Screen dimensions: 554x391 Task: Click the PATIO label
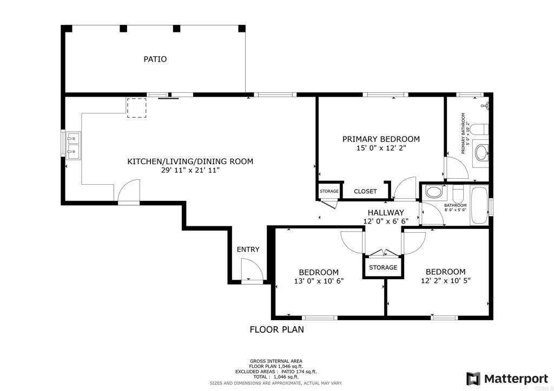[155, 59]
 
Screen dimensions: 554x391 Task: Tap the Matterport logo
[507, 379]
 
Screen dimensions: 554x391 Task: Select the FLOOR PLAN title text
[276, 329]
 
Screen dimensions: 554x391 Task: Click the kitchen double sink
[73, 145]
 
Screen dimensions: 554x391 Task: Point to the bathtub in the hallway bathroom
[479, 206]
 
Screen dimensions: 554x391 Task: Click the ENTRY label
[248, 250]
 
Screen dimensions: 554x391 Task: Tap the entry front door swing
[252, 269]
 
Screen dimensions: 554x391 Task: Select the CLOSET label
[365, 191]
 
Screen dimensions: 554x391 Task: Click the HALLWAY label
[386, 213]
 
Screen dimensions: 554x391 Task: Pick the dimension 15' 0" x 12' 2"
[381, 148]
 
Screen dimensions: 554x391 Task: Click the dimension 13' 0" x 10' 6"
[319, 281]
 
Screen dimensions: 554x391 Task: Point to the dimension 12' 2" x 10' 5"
[446, 281]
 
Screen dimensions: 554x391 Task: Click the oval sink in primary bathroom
[481, 153]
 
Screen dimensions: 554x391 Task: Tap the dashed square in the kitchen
[136, 108]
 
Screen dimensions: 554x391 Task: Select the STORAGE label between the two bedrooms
[383, 268]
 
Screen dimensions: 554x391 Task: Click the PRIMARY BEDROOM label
[381, 139]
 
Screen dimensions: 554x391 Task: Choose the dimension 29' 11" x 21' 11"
[190, 170]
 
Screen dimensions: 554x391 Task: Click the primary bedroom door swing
[405, 187]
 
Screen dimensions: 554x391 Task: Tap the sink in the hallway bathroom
[433, 192]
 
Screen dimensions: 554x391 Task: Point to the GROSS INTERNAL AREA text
[276, 361]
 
